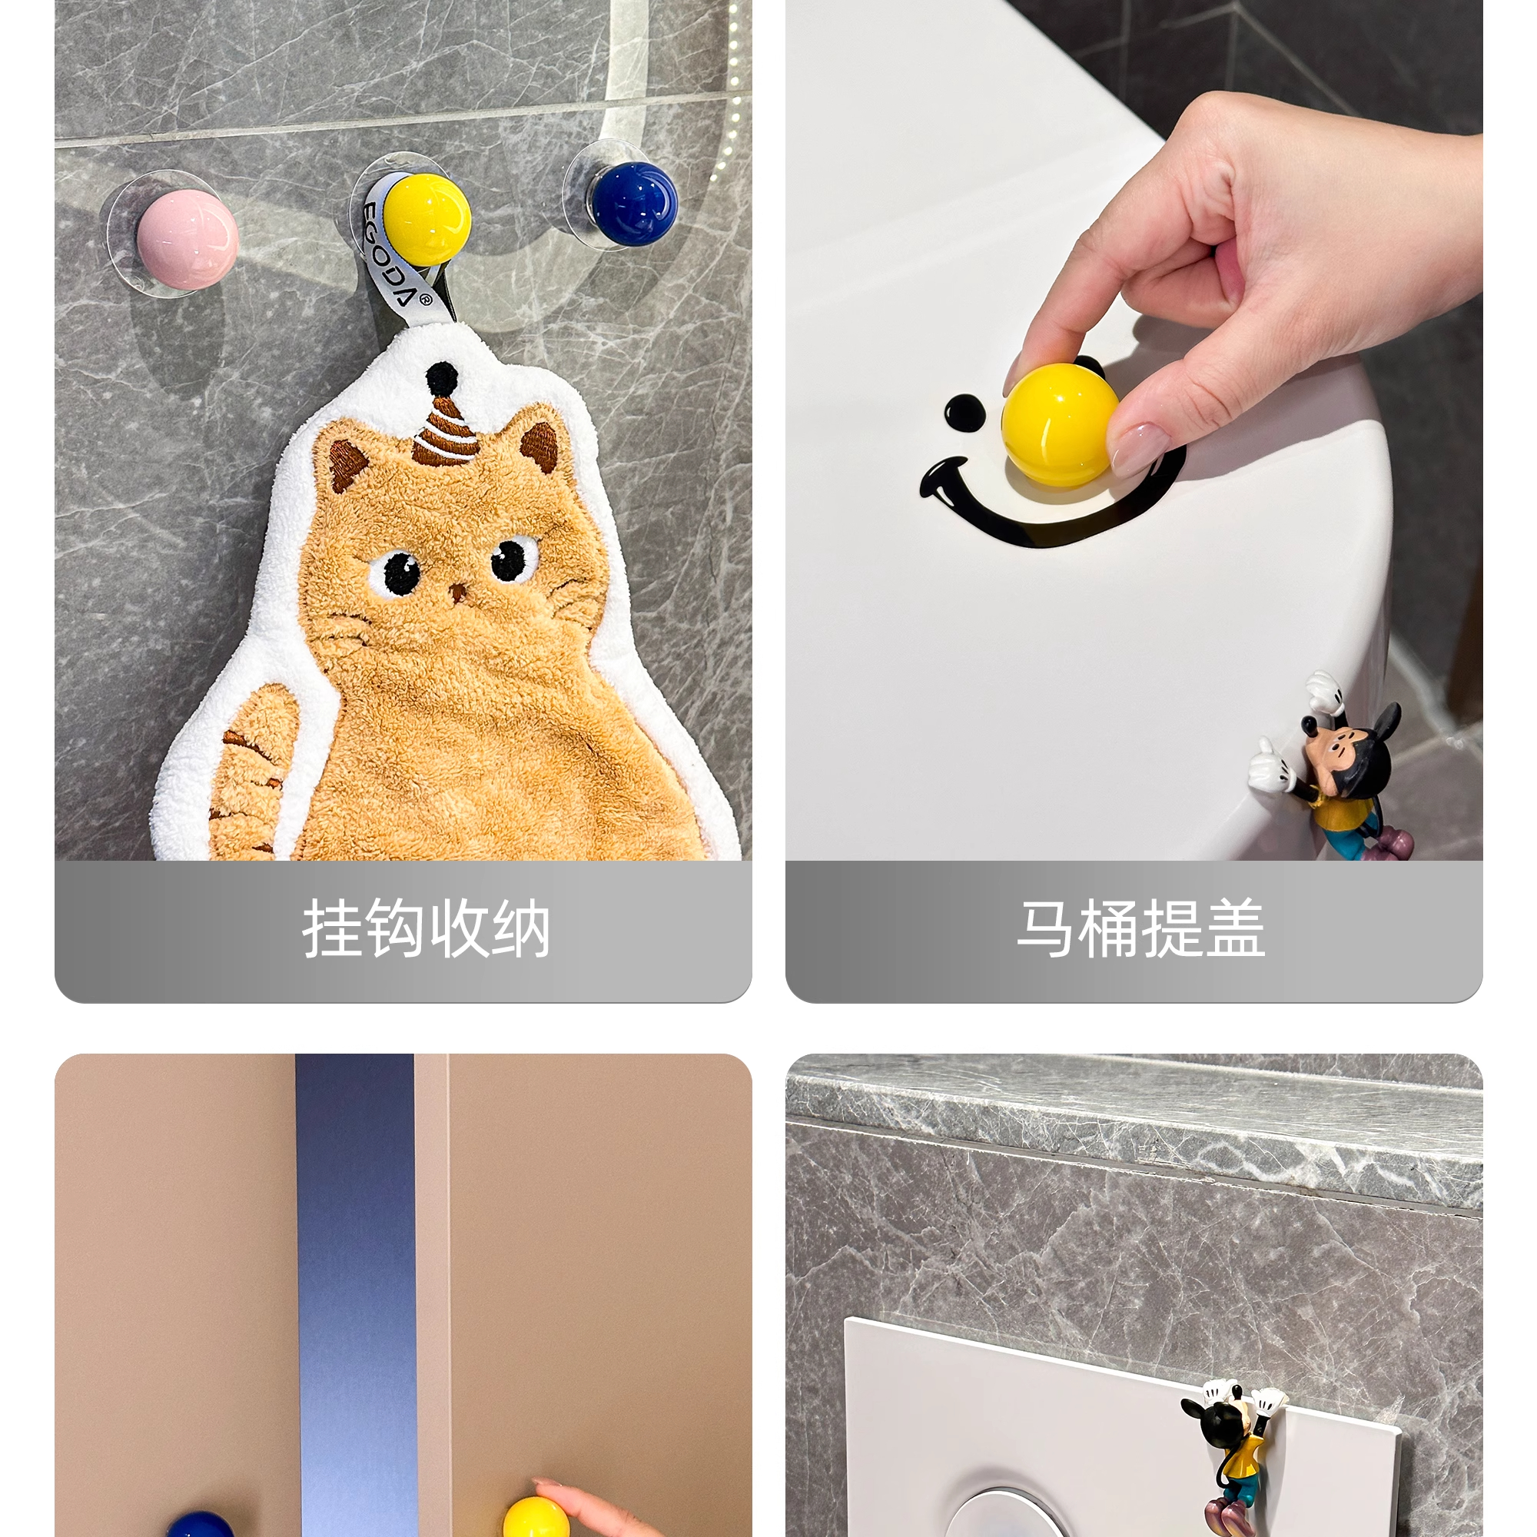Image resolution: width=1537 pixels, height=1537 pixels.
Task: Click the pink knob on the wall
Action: click(x=186, y=234)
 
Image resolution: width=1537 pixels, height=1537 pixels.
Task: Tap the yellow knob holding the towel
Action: click(x=427, y=219)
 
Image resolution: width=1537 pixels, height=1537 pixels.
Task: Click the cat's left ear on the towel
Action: click(x=348, y=465)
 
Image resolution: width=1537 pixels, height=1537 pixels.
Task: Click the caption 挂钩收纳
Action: click(x=426, y=929)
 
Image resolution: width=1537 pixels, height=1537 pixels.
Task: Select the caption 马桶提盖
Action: click(x=1140, y=929)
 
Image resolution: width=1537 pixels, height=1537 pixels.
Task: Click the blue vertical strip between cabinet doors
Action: click(x=356, y=1295)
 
